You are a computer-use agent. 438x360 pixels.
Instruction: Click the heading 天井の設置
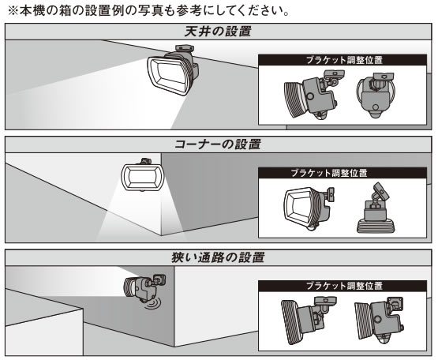tap(218, 32)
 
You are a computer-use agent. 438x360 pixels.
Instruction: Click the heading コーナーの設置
tap(218, 144)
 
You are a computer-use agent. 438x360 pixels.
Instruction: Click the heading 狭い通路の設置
tap(218, 257)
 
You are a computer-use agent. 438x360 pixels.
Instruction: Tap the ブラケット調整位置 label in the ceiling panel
tap(344, 60)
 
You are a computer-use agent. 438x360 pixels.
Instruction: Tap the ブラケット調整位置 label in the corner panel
tap(329, 173)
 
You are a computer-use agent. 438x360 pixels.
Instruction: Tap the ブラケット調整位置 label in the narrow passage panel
tap(344, 286)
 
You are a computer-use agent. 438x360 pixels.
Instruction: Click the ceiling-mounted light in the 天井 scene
tap(173, 71)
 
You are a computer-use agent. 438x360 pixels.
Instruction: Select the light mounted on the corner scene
tap(142, 175)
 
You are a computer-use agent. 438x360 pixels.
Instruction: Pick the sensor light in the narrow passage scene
tap(144, 288)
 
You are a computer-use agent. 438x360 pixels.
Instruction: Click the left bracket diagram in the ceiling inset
tap(313, 95)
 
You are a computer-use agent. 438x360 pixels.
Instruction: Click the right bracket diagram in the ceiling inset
tap(376, 95)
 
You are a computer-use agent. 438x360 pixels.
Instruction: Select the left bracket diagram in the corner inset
tap(309, 208)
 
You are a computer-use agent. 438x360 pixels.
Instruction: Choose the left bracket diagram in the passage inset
tap(309, 321)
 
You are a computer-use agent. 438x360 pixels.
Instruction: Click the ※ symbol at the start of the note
tap(13, 10)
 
